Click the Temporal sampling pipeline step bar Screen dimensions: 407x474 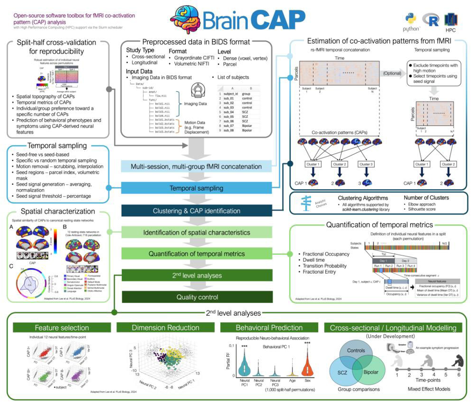coord(202,188)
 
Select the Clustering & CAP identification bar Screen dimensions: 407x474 coord(202,211)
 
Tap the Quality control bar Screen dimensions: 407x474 coord(202,297)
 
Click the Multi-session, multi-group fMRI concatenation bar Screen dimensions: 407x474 coord(202,166)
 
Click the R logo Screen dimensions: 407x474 coord(433,20)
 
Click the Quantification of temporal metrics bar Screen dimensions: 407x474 coord(202,254)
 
